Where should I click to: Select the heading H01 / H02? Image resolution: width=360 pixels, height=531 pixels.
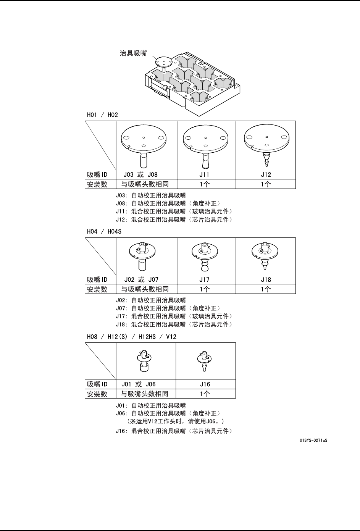pyautogui.click(x=102, y=115)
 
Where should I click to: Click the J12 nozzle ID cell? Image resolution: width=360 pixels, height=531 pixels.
pyautogui.click(x=266, y=175)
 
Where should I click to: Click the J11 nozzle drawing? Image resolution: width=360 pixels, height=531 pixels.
pyautogui.click(x=206, y=146)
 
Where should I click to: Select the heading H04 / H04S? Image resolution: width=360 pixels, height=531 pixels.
pyautogui.click(x=104, y=231)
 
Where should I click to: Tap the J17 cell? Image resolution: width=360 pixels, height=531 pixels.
pyautogui.click(x=205, y=280)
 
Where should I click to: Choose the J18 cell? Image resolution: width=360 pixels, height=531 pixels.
pyautogui.click(x=266, y=280)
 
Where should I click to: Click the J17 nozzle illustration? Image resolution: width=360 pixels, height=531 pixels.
pyautogui.click(x=205, y=256)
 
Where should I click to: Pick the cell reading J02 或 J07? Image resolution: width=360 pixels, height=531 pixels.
pyautogui.click(x=141, y=280)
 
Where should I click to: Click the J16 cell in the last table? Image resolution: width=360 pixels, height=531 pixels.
pyautogui.click(x=205, y=384)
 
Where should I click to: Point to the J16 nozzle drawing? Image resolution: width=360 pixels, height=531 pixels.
pyautogui.click(x=205, y=361)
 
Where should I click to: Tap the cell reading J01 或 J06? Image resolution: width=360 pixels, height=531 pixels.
pyautogui.click(x=139, y=384)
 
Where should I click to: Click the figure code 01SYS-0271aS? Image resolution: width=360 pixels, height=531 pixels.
pyautogui.click(x=313, y=441)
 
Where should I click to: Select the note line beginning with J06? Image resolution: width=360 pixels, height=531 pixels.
pyautogui.click(x=168, y=413)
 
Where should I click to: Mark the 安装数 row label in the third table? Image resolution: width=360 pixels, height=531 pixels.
pyautogui.click(x=97, y=394)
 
